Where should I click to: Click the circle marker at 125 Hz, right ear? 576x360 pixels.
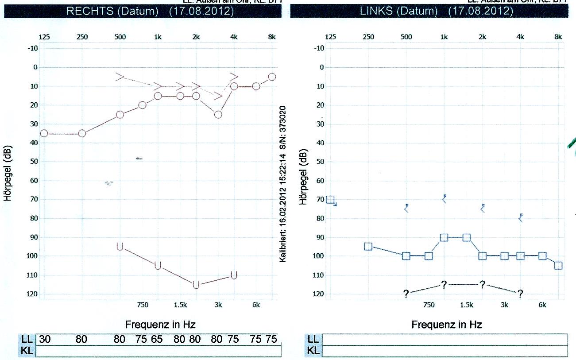(x=44, y=133)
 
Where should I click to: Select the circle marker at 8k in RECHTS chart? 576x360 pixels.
(x=272, y=77)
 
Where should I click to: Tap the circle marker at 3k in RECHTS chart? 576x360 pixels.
(x=218, y=114)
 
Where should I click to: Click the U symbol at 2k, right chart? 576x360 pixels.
(x=196, y=284)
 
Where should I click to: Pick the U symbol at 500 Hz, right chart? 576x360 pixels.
(x=120, y=246)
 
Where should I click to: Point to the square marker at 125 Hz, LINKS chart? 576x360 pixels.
(x=330, y=200)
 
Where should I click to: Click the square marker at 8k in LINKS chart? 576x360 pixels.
(x=558, y=265)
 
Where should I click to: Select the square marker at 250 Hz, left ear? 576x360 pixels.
(x=368, y=246)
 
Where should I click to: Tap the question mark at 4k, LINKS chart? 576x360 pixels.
(x=520, y=294)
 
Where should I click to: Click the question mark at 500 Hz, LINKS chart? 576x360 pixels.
(x=406, y=294)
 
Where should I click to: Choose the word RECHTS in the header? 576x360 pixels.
(x=92, y=11)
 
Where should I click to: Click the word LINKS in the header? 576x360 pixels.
(x=376, y=11)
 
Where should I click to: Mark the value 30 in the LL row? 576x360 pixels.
(x=45, y=340)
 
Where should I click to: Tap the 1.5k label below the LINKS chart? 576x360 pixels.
(x=467, y=305)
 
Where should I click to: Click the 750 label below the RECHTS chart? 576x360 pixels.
(x=142, y=305)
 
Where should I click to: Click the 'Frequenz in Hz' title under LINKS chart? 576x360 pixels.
(x=447, y=325)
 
